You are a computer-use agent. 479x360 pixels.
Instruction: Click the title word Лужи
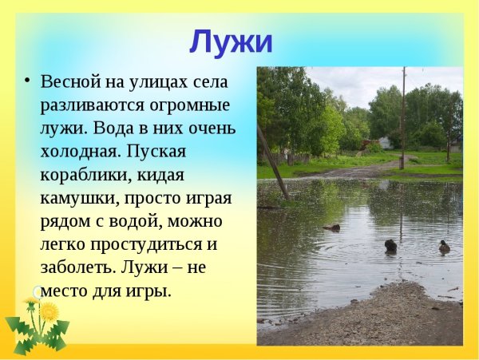231,42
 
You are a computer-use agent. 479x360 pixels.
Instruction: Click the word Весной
70,82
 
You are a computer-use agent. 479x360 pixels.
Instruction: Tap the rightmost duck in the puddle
444,247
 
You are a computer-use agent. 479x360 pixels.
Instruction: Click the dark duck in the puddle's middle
390,247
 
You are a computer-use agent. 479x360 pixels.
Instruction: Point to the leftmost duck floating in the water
332,227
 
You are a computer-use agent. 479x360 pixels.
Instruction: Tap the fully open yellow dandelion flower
49,311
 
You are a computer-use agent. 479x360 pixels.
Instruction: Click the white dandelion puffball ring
37,292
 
